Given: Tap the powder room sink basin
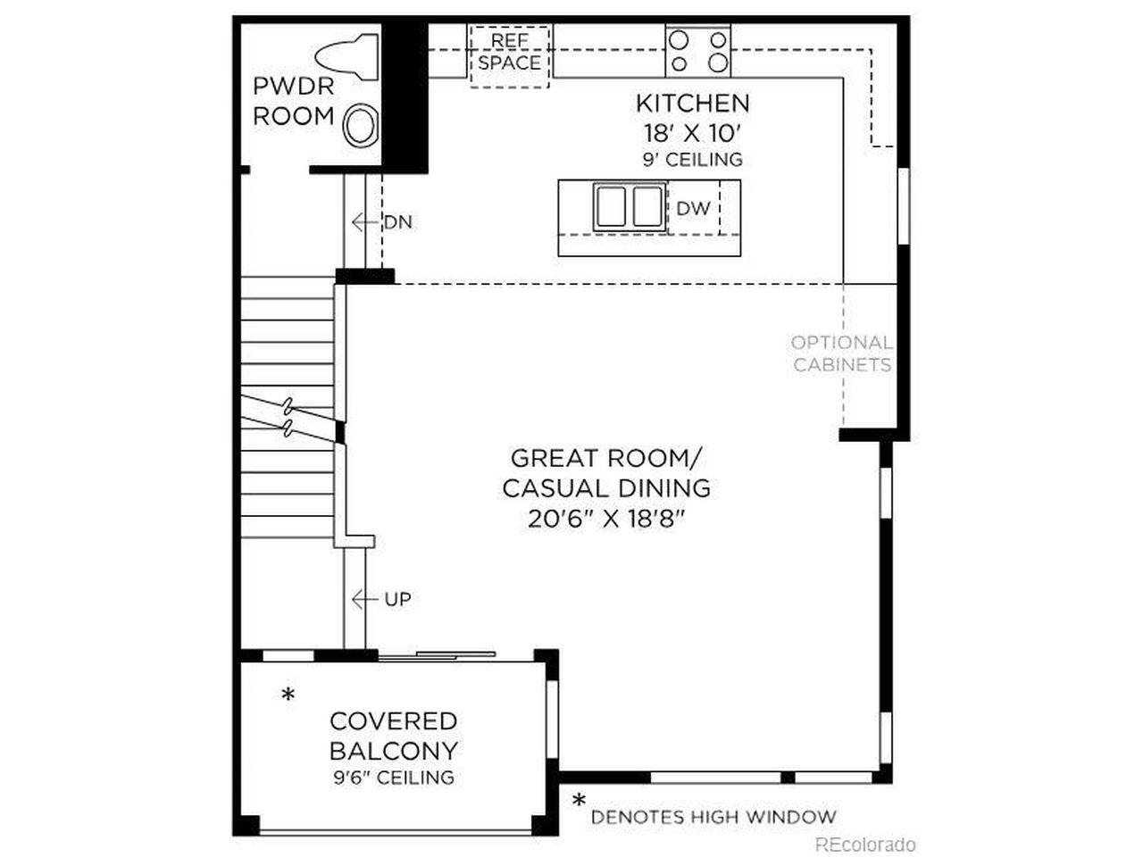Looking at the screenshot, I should coord(362,126).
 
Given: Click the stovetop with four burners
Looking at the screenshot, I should coord(698,51).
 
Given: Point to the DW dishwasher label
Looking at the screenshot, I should coord(693,208).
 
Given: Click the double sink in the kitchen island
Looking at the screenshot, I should coord(629,206).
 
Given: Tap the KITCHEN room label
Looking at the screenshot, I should coord(692,103).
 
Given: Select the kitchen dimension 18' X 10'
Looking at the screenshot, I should coord(692,133).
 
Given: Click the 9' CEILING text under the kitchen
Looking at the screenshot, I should coord(692,160).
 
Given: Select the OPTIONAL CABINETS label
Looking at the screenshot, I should coord(842,354).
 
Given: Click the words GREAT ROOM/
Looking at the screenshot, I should coord(605,458).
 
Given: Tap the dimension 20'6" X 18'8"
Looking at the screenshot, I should coord(605,519).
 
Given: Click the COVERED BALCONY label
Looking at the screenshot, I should coord(393,736).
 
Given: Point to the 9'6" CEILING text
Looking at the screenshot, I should coord(393,778).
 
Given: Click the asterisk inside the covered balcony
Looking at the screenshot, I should coord(288,695).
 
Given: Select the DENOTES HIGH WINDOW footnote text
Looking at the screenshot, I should coord(713,816).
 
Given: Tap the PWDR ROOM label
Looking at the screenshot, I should coord(293,101).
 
